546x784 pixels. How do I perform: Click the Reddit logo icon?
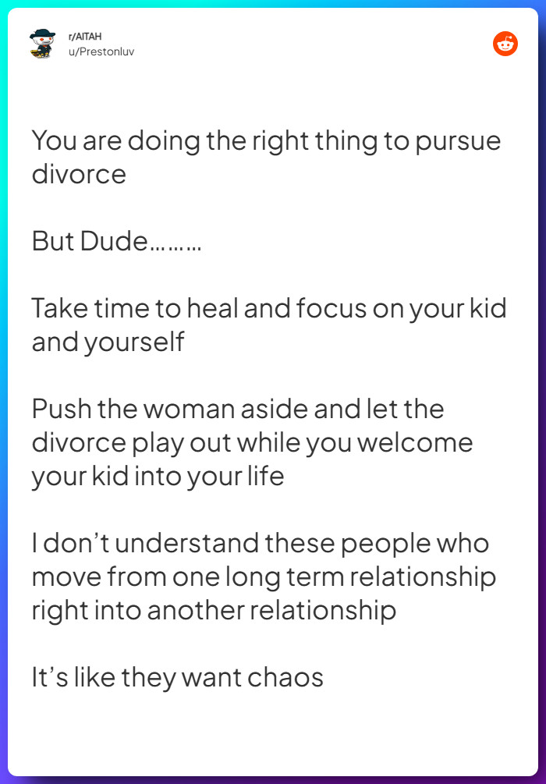click(x=505, y=44)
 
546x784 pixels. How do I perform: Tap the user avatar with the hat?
click(x=42, y=44)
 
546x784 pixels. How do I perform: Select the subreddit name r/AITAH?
click(x=85, y=37)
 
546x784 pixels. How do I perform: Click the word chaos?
click(x=285, y=677)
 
